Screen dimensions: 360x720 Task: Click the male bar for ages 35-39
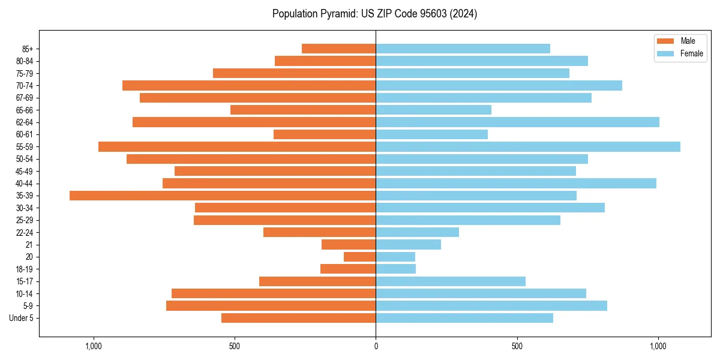coord(222,196)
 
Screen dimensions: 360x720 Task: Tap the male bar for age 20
coord(360,257)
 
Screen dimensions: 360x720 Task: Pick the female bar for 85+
coord(463,49)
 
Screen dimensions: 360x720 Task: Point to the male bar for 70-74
coord(249,85)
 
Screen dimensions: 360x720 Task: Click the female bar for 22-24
coord(417,232)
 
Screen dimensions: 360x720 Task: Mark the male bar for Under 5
coord(298,318)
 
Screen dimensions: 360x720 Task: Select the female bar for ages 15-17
coord(451,281)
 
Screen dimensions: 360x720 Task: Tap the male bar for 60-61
coord(325,134)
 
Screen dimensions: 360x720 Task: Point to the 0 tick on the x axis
coord(376,346)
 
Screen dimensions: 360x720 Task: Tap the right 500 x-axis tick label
coord(517,346)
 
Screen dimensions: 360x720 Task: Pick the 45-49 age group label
coord(25,171)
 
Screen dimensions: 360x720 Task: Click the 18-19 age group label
coord(25,269)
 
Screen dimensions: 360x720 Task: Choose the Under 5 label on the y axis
coord(22,318)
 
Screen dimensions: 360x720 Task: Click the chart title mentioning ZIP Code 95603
coord(374,14)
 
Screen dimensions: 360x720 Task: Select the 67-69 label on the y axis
coord(25,98)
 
